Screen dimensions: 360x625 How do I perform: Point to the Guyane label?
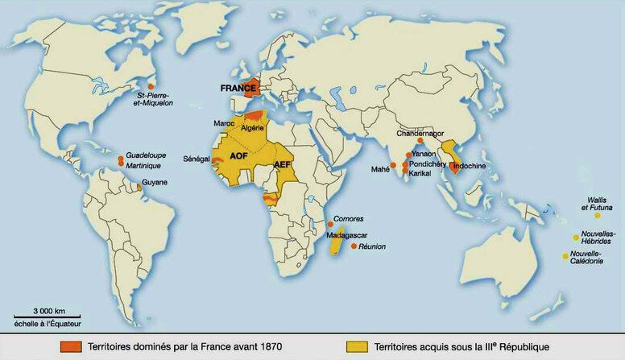point(155,183)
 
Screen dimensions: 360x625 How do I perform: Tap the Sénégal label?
point(196,159)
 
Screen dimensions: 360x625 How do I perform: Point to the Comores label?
point(347,219)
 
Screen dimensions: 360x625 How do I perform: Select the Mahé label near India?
point(379,170)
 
